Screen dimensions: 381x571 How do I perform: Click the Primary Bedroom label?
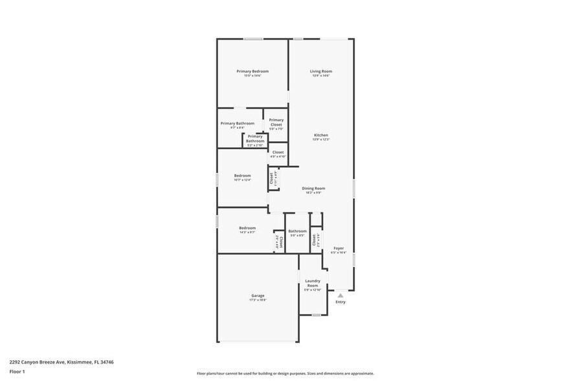252,71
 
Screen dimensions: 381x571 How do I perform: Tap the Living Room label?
320,71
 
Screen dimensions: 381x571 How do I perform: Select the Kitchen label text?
320,135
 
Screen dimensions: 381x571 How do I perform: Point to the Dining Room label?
313,188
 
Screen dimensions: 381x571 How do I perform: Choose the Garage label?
257,295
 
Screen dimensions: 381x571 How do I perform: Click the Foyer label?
339,248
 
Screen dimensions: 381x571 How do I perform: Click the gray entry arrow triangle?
340,295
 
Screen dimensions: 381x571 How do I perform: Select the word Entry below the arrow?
340,302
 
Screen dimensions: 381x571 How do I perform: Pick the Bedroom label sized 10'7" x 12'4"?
242,176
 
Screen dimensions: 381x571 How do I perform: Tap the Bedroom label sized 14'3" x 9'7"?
247,227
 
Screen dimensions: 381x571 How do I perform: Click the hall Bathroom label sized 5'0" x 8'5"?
297,231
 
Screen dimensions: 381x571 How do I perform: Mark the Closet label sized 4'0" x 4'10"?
278,152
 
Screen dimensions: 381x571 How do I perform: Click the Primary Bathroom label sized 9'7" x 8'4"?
237,123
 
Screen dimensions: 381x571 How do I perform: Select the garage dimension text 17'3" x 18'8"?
257,300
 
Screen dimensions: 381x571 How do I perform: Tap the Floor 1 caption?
17,371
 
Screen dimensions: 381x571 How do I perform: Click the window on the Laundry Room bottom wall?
315,316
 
